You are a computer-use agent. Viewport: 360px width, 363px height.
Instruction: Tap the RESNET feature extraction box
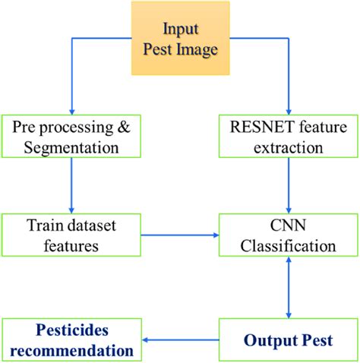(287, 135)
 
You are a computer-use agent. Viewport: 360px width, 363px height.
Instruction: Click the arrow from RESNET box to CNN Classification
(289, 185)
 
